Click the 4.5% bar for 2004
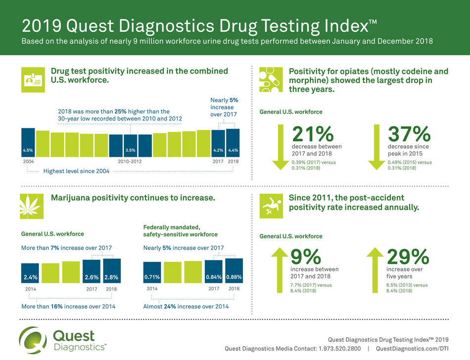pos(28,142)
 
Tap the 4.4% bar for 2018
pos(233,143)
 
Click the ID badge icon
pos(32,80)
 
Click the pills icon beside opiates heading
pos(270,80)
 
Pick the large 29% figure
pos(408,257)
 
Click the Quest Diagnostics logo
pos(63,341)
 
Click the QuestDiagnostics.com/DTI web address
pos(413,349)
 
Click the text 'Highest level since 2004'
pos(76,171)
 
